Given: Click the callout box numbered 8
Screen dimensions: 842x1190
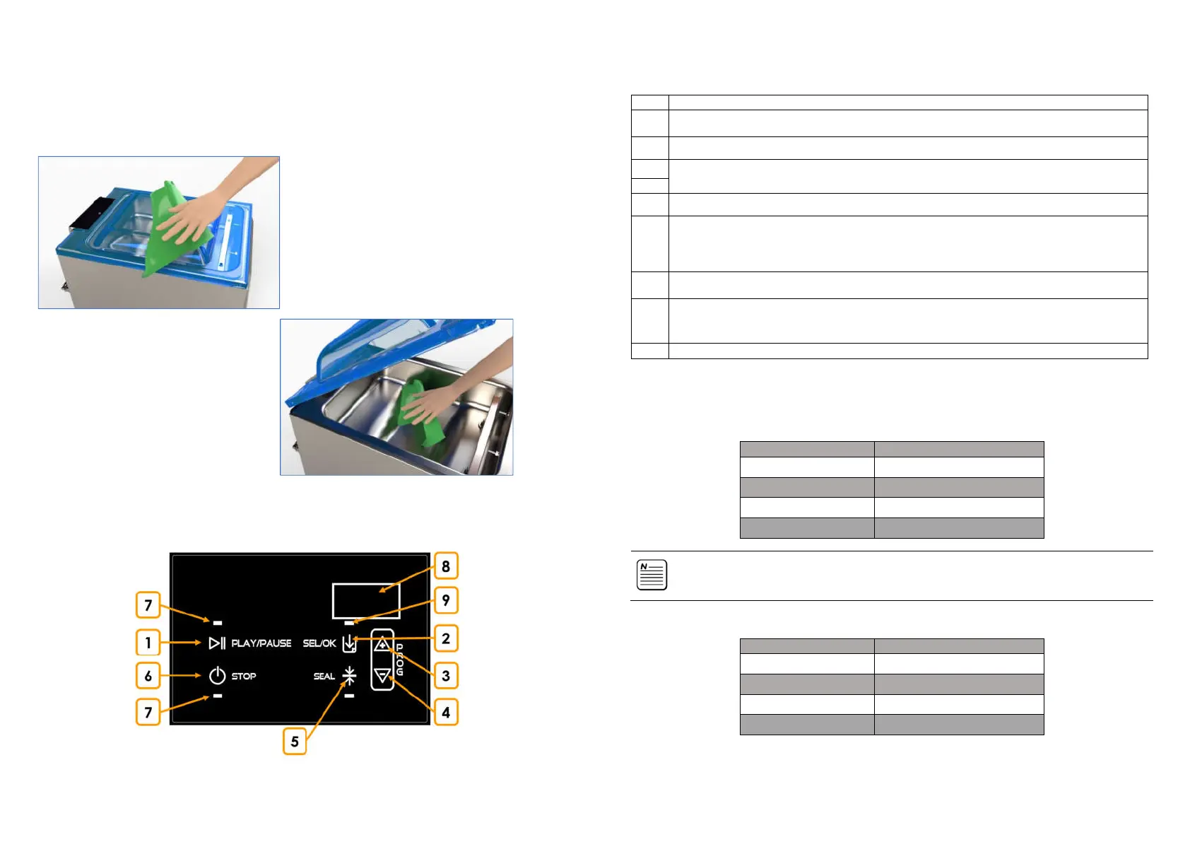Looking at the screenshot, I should tap(446, 566).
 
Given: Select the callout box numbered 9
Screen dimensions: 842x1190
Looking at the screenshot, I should tap(446, 600).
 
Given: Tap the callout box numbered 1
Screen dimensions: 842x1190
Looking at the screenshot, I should tap(148, 643).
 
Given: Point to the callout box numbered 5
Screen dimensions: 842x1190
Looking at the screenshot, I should tap(295, 742).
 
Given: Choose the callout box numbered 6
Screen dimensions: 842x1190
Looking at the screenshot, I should tap(148, 676).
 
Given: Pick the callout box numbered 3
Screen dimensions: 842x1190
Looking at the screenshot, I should tap(446, 676).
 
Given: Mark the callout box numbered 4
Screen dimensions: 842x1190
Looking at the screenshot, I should tap(446, 713).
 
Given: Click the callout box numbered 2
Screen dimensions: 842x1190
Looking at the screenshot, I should tap(446, 638).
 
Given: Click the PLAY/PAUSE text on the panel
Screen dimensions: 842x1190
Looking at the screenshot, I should tap(261, 643).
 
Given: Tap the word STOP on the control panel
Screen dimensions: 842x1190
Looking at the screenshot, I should tap(244, 677).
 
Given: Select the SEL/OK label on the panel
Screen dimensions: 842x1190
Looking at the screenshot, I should tap(319, 643).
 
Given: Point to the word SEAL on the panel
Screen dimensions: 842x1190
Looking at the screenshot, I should tap(324, 677).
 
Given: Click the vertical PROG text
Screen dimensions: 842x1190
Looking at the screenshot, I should tap(399, 660).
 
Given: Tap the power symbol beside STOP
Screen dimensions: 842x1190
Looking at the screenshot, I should tap(217, 676).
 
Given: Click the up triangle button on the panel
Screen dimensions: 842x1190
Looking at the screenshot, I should tap(382, 644).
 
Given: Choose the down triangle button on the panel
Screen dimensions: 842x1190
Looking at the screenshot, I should tap(382, 676).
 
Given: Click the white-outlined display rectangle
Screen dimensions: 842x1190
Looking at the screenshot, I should tap(366, 601).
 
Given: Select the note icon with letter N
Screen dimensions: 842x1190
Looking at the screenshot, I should tap(652, 575).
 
